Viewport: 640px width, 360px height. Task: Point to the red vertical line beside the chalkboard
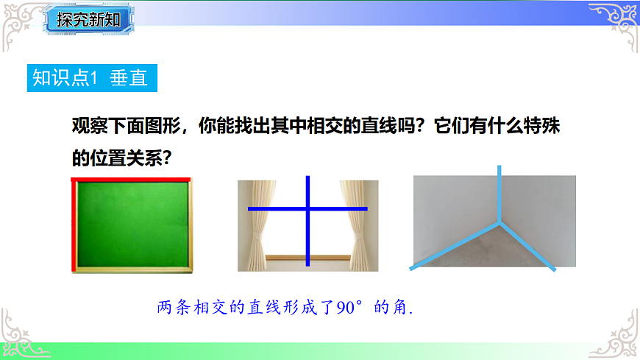click(x=74, y=225)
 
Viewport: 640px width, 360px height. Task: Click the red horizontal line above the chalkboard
click(x=131, y=179)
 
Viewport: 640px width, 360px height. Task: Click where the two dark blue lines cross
click(x=307, y=209)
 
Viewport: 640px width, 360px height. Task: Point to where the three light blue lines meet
click(x=500, y=219)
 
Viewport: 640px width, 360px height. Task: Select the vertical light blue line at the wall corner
click(x=499, y=191)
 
